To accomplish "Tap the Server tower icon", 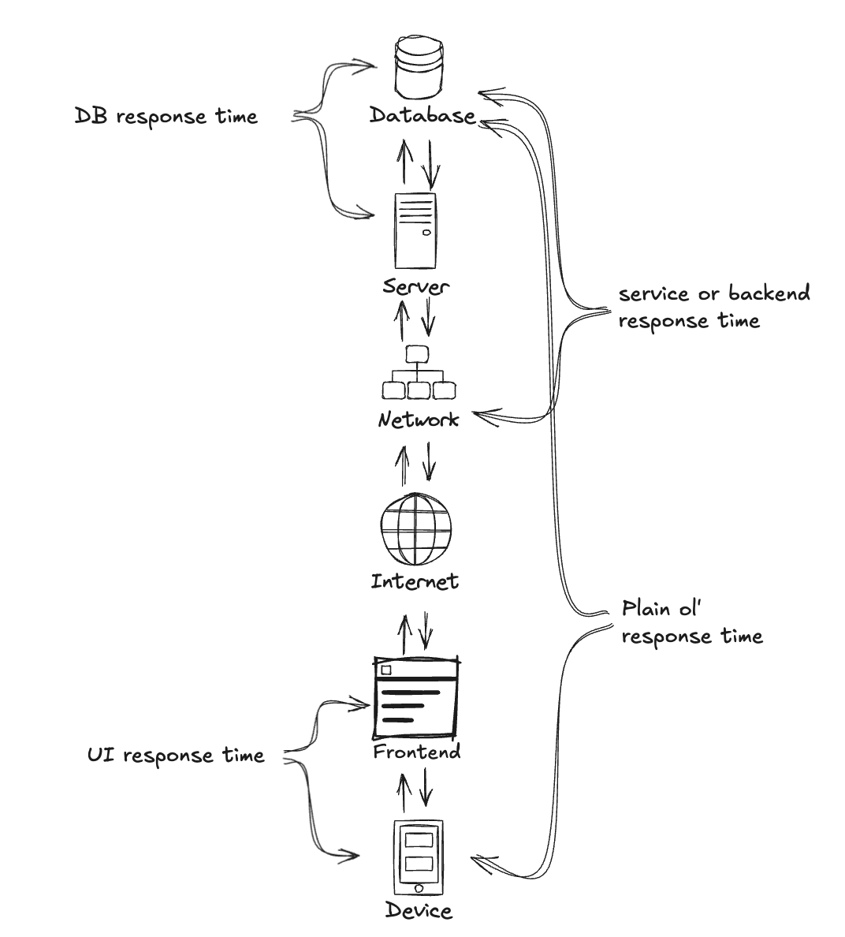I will coord(415,232).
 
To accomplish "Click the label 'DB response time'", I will coord(166,116).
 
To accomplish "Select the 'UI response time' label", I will coord(175,756).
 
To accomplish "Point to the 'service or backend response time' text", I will coord(713,307).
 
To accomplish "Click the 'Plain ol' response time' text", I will coord(692,622).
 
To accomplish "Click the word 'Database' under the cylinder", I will coord(423,116).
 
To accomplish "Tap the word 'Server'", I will coord(416,285).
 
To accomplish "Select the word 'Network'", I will coord(418,419).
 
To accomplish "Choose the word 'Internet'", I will coord(415,582).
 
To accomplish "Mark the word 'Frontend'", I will coord(416,752).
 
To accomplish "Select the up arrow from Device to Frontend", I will coord(404,793).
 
